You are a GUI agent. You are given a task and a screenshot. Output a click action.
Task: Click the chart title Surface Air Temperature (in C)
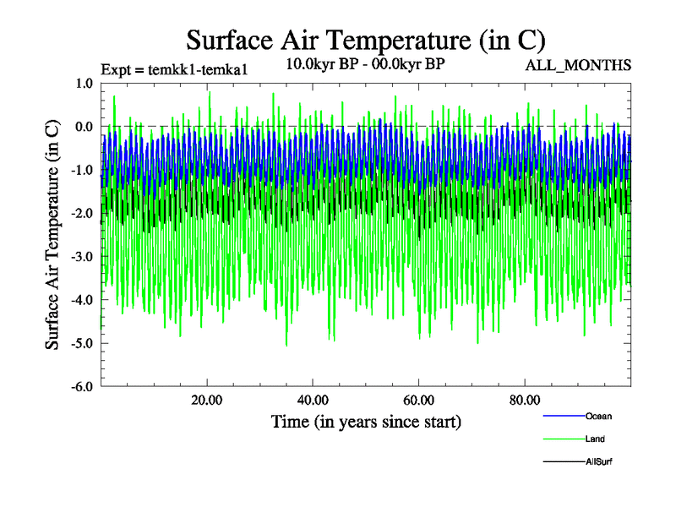pos(365,40)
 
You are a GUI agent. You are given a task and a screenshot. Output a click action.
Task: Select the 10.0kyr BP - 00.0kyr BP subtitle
pos(365,63)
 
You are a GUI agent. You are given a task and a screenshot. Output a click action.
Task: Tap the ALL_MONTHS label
pos(578,66)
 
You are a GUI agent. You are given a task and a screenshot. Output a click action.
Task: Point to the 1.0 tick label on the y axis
pos(84,83)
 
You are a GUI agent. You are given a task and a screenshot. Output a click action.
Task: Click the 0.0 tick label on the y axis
pos(84,127)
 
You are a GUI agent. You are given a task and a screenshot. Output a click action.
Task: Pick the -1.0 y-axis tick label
pos(81,170)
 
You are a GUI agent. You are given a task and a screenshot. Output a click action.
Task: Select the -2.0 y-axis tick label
pos(81,214)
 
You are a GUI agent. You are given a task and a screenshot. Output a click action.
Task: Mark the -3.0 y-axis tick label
pos(81,257)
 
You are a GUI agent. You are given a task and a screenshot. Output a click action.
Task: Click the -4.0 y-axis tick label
pos(81,300)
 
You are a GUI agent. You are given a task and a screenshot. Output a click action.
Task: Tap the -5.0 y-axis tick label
pos(81,344)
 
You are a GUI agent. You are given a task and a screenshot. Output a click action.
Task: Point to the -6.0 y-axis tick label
pos(81,387)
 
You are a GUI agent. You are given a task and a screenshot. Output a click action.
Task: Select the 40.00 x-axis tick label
pos(313,401)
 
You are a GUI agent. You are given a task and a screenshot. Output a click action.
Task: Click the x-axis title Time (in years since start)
pos(366,421)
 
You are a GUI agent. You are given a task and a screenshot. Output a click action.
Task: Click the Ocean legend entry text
pos(598,417)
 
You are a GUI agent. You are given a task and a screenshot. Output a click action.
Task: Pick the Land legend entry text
pos(595,439)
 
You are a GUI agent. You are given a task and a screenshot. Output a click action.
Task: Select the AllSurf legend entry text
pos(598,462)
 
